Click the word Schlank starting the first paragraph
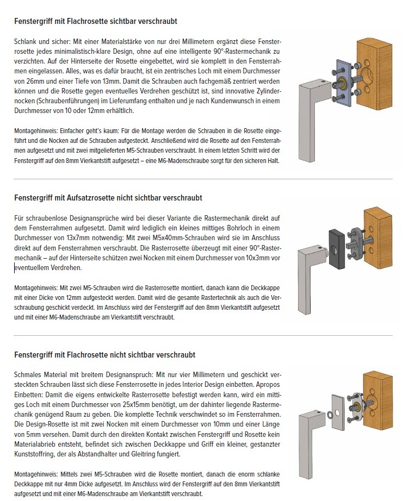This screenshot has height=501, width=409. point(26,41)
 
